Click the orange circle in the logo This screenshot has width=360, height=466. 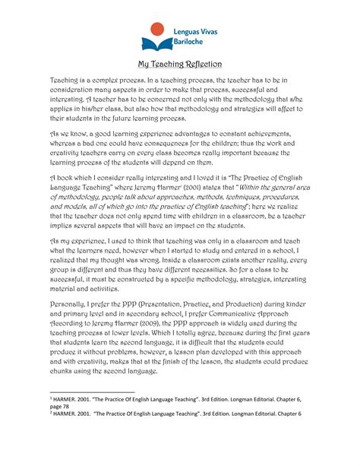point(156,30)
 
